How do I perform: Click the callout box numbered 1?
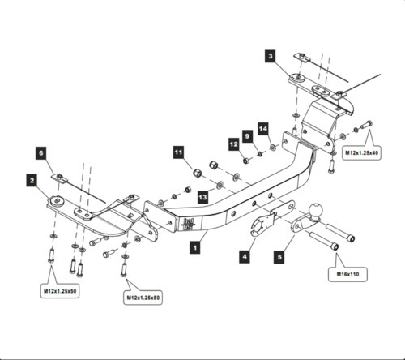pos(195,252)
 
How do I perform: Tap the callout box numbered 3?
pos(270,56)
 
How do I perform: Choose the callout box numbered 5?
pos(279,257)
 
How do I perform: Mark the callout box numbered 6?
pos(41,151)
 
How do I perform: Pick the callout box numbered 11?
pos(178,151)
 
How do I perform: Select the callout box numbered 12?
pos(232,144)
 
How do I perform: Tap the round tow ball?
pos(314,212)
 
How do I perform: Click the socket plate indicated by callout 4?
pos(261,225)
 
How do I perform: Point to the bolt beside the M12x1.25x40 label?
pos(364,124)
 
